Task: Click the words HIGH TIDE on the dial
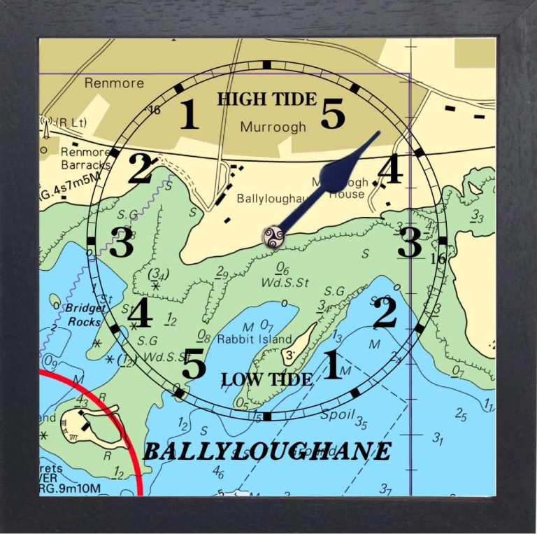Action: pyautogui.click(x=266, y=99)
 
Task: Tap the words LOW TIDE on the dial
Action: pyautogui.click(x=266, y=380)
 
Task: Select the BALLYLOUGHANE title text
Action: pyautogui.click(x=267, y=451)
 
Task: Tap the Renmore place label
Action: pyautogui.click(x=114, y=83)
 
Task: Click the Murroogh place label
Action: pyautogui.click(x=273, y=127)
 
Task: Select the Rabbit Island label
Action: pyautogui.click(x=255, y=339)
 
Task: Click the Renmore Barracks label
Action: pyautogui.click(x=85, y=158)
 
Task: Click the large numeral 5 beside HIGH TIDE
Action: pyautogui.click(x=333, y=114)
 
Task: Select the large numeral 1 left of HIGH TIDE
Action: pyautogui.click(x=189, y=115)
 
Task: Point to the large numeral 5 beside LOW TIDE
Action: pyautogui.click(x=194, y=364)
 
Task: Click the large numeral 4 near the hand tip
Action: pyautogui.click(x=389, y=170)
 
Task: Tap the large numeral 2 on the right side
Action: pyautogui.click(x=385, y=314)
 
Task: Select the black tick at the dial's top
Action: pyautogui.click(x=266, y=64)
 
